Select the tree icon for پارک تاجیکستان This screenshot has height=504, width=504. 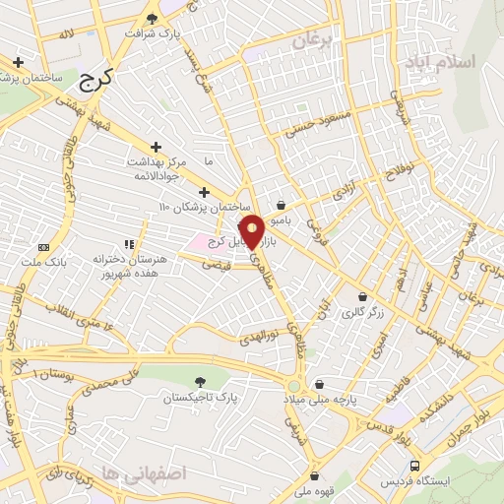coord(201,381)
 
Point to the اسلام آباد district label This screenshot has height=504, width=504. coord(439,61)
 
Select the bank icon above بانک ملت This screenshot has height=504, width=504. coord(43,246)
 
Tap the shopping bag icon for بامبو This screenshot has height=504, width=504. coord(283,206)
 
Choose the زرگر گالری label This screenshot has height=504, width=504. coord(361,313)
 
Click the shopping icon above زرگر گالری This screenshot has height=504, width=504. coord(362,296)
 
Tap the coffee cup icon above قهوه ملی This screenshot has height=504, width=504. coord(313,475)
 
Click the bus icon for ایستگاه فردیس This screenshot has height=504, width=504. coord(414,466)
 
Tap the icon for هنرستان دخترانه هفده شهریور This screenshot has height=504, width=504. coord(128,243)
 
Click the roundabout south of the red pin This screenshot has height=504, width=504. coord(294,384)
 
